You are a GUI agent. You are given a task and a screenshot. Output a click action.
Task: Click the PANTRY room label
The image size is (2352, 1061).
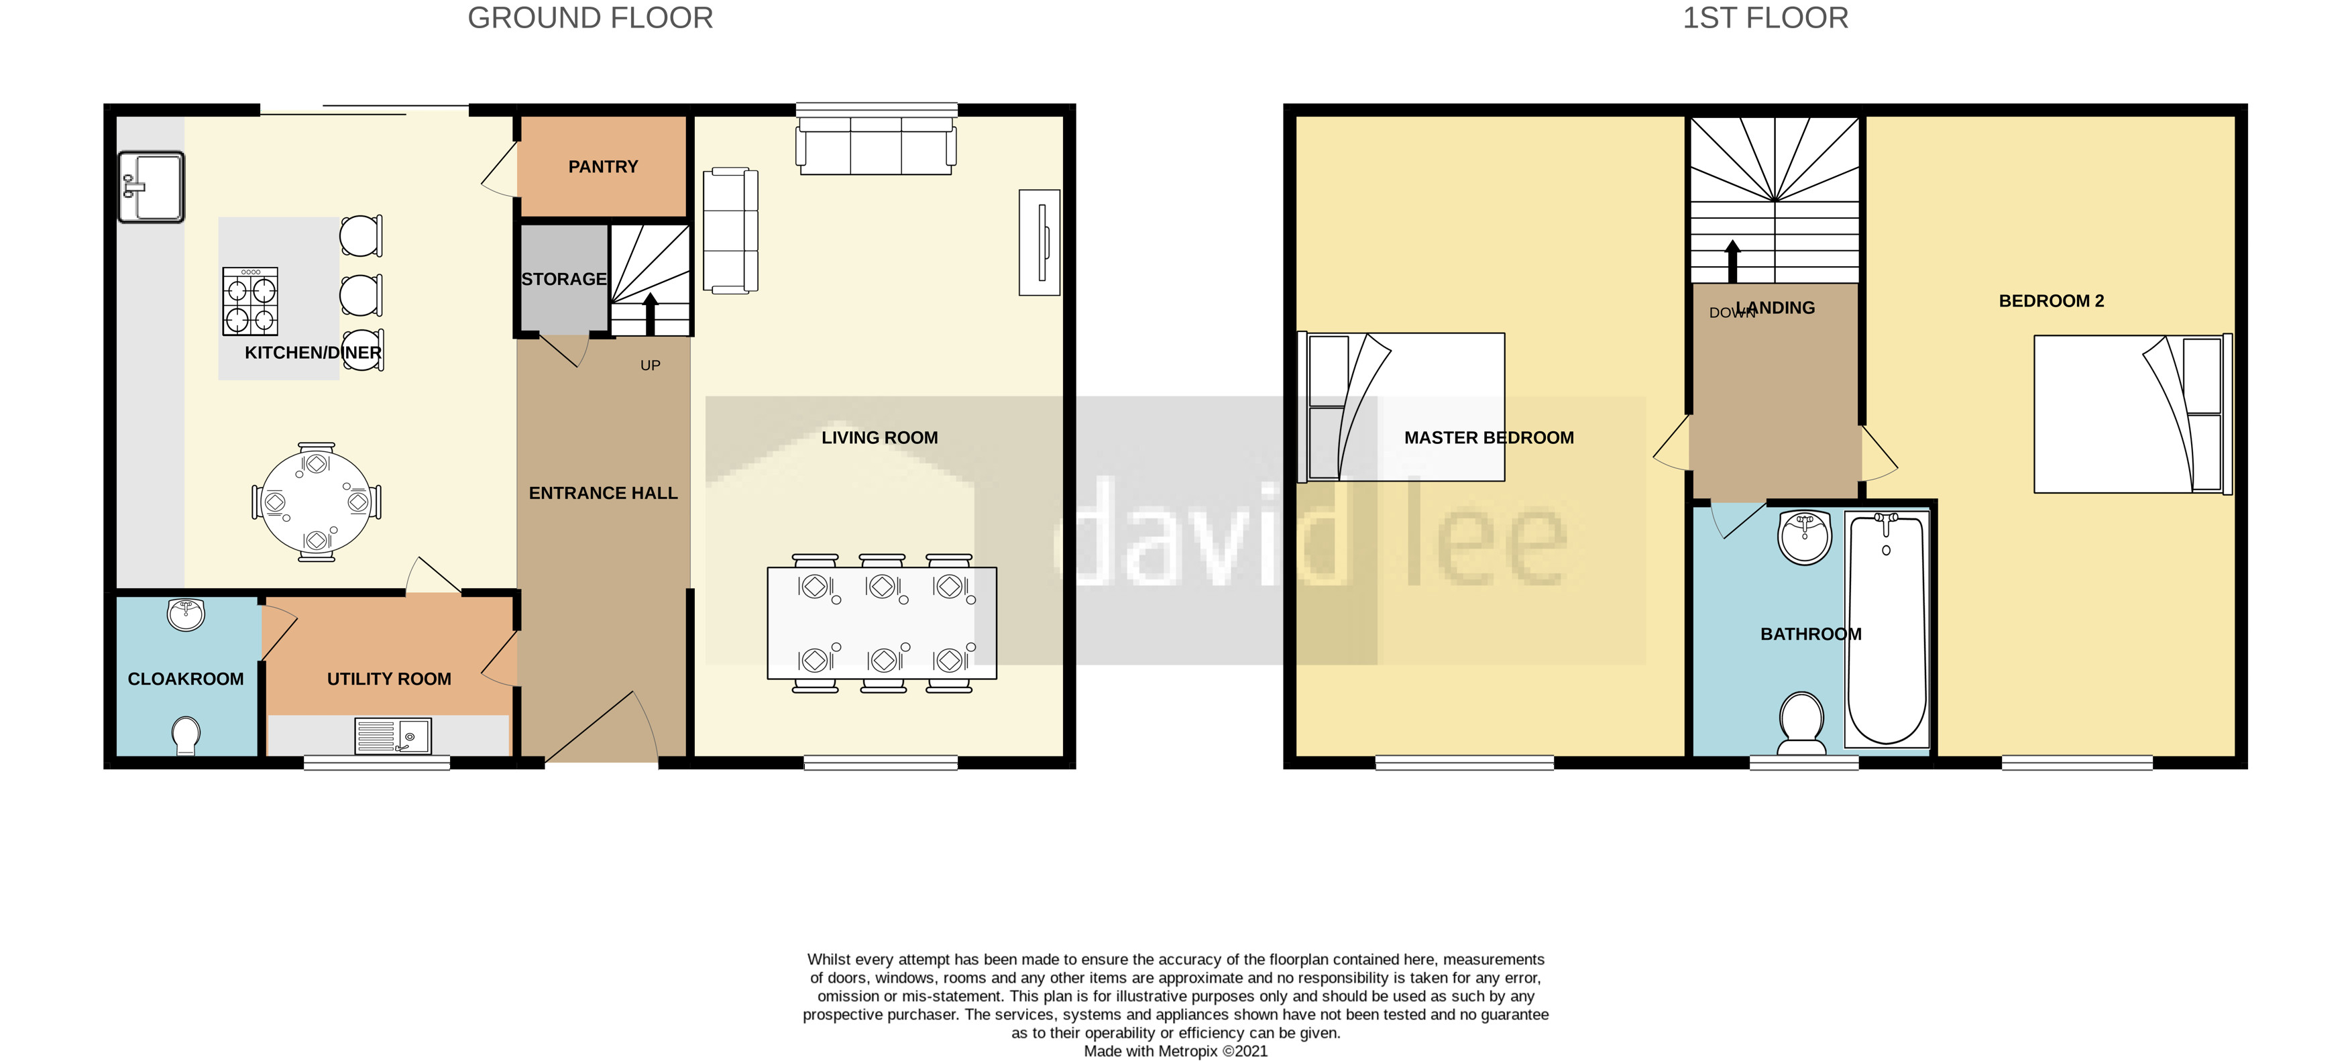pyautogui.click(x=603, y=167)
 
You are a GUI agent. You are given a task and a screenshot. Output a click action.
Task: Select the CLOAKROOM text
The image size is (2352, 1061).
pyautogui.click(x=185, y=679)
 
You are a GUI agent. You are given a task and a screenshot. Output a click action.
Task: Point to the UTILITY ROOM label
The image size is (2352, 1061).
pyautogui.click(x=389, y=679)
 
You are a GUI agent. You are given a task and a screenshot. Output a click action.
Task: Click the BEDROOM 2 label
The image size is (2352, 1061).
pyautogui.click(x=2051, y=301)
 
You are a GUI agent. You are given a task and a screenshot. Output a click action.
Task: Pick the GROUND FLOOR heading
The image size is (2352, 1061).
pyautogui.click(x=590, y=18)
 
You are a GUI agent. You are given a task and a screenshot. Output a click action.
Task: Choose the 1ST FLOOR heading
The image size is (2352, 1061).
pyautogui.click(x=1765, y=18)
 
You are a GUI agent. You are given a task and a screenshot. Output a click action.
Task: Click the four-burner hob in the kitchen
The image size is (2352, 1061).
pyautogui.click(x=250, y=301)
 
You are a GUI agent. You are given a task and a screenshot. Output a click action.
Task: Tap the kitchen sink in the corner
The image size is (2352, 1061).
pyautogui.click(x=152, y=187)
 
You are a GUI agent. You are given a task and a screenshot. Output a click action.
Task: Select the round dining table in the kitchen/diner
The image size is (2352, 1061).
pyautogui.click(x=316, y=503)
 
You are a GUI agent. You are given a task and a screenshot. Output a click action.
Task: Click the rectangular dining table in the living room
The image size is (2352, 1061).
pyautogui.click(x=881, y=623)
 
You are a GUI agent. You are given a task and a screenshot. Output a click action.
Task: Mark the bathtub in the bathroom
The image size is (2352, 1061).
pyautogui.click(x=1887, y=628)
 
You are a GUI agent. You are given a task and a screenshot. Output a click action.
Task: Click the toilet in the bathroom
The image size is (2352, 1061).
pyautogui.click(x=1801, y=722)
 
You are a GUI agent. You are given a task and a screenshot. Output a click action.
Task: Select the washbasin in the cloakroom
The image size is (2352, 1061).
pyautogui.click(x=185, y=614)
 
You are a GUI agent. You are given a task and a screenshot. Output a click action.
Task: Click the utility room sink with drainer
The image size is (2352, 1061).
pyautogui.click(x=392, y=736)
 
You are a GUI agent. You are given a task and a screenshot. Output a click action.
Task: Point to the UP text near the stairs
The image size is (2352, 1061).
pyautogui.click(x=650, y=366)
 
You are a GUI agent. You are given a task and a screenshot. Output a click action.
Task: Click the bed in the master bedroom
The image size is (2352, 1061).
pyautogui.click(x=1402, y=407)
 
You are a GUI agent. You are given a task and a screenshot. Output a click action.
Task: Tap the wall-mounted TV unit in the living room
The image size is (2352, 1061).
pyautogui.click(x=1039, y=243)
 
